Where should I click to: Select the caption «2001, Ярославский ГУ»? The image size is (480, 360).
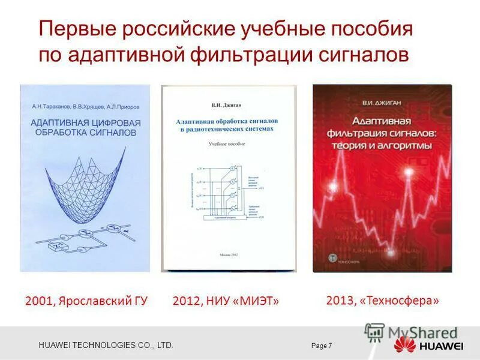(86, 301)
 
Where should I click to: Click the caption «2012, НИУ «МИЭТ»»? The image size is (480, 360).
(226, 301)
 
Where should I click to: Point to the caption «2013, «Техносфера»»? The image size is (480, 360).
(383, 300)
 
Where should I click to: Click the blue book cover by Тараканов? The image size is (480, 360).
(85, 178)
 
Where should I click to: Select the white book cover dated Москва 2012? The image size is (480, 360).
(229, 178)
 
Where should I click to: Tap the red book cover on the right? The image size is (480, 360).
(382, 178)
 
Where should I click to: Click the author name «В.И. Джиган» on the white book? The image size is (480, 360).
(227, 104)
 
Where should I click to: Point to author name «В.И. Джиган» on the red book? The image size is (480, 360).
(381, 103)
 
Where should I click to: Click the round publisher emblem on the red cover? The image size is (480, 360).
(331, 258)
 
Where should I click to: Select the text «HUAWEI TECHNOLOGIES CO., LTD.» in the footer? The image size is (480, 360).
(106, 346)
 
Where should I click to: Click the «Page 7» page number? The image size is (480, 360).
(322, 346)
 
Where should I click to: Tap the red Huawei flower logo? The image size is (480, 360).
(404, 346)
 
